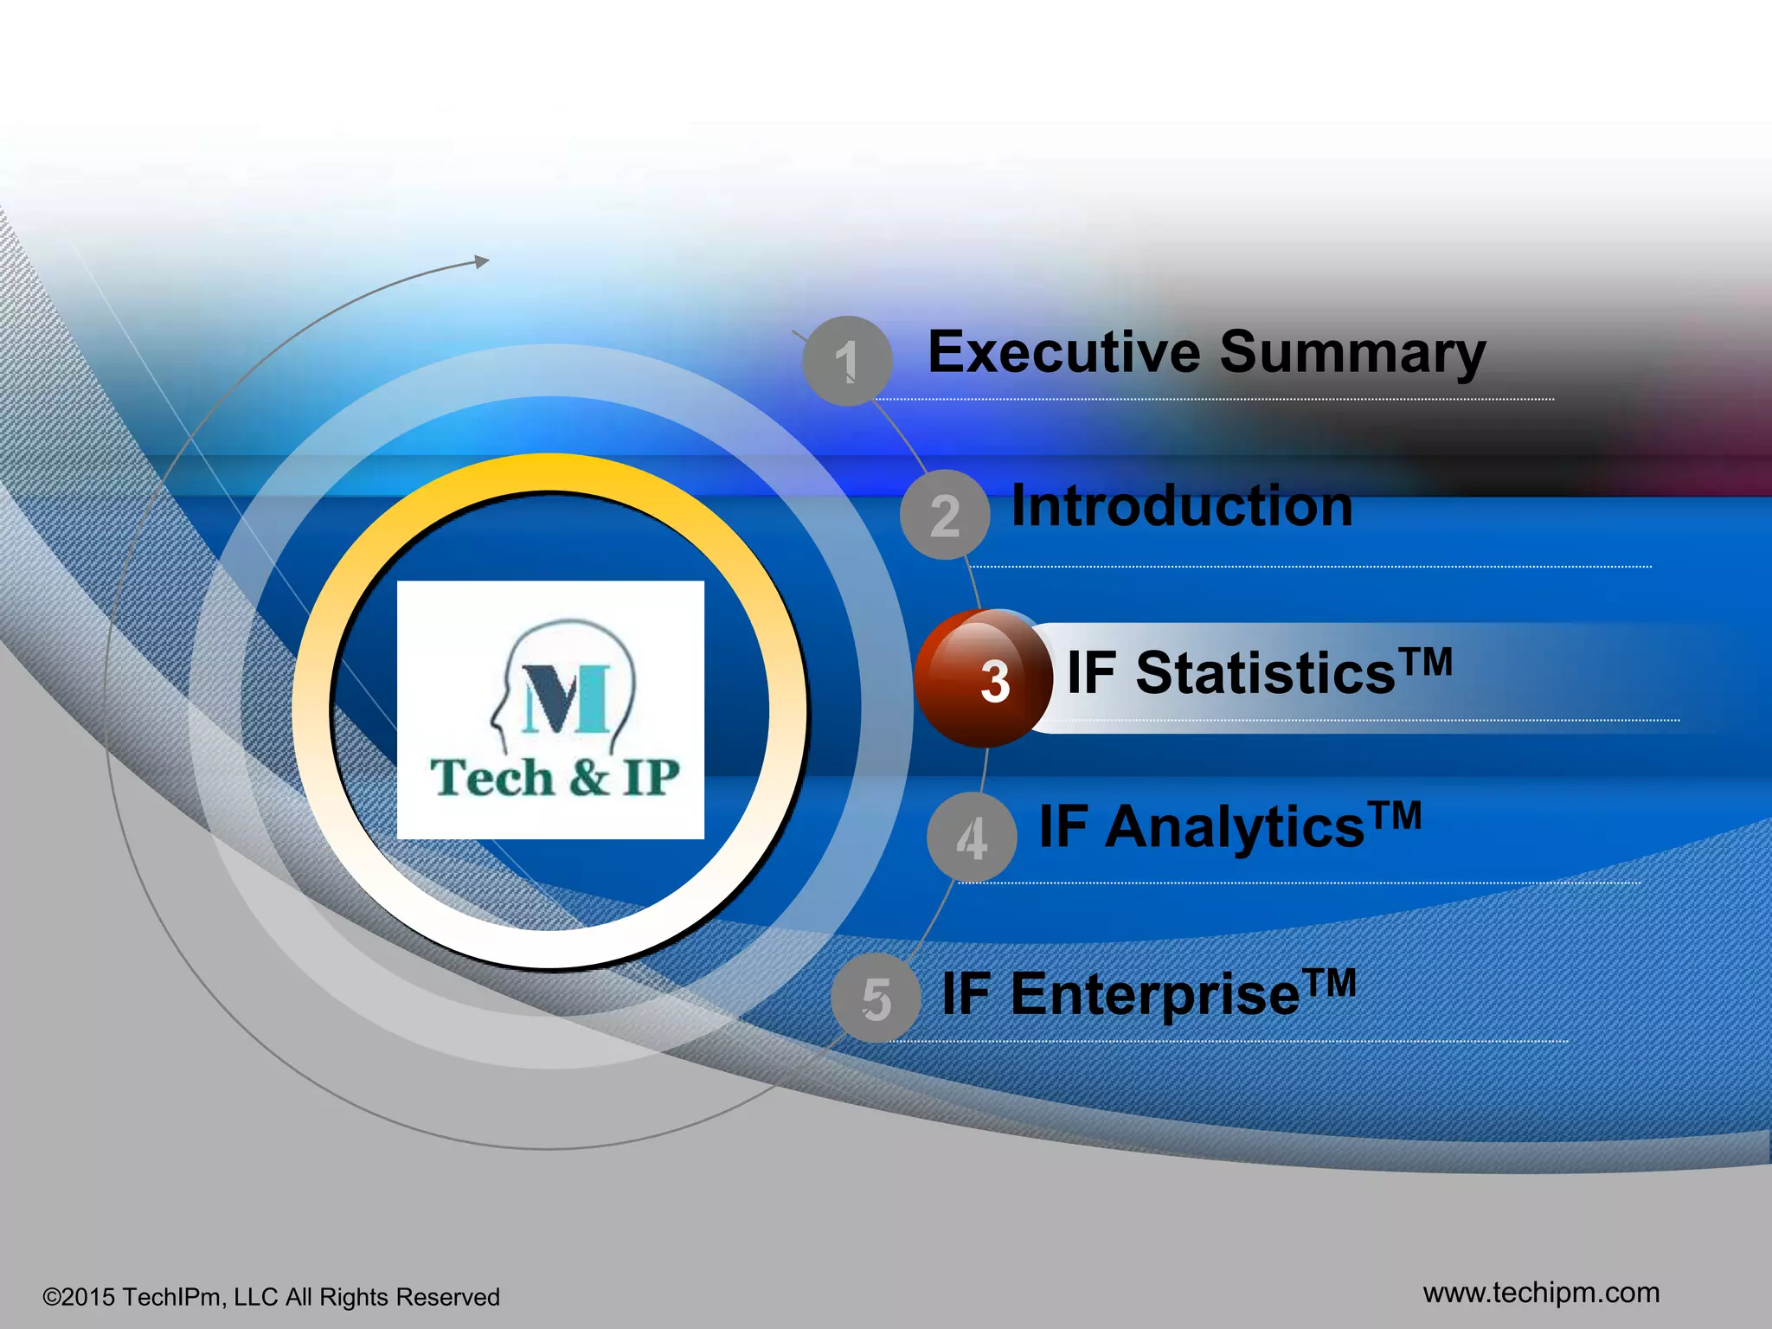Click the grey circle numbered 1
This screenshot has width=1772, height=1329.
[847, 361]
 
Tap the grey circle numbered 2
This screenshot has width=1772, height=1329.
[945, 515]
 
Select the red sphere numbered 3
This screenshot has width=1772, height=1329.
[984, 679]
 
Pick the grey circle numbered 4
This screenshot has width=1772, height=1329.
[972, 838]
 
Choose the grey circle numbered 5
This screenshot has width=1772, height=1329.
[876, 998]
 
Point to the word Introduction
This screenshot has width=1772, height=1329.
[1182, 506]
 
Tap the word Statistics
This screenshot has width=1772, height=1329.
[1265, 674]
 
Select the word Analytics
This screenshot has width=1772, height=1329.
[1235, 828]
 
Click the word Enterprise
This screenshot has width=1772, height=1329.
[1154, 995]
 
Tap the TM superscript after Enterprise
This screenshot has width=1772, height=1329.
[1331, 982]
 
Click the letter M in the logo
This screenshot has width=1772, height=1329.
[567, 699]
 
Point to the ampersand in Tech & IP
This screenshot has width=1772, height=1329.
[589, 777]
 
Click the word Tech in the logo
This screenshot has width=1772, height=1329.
[491, 777]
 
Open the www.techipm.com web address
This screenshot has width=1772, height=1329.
[1541, 1293]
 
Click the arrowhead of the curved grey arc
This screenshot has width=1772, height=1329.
[482, 261]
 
